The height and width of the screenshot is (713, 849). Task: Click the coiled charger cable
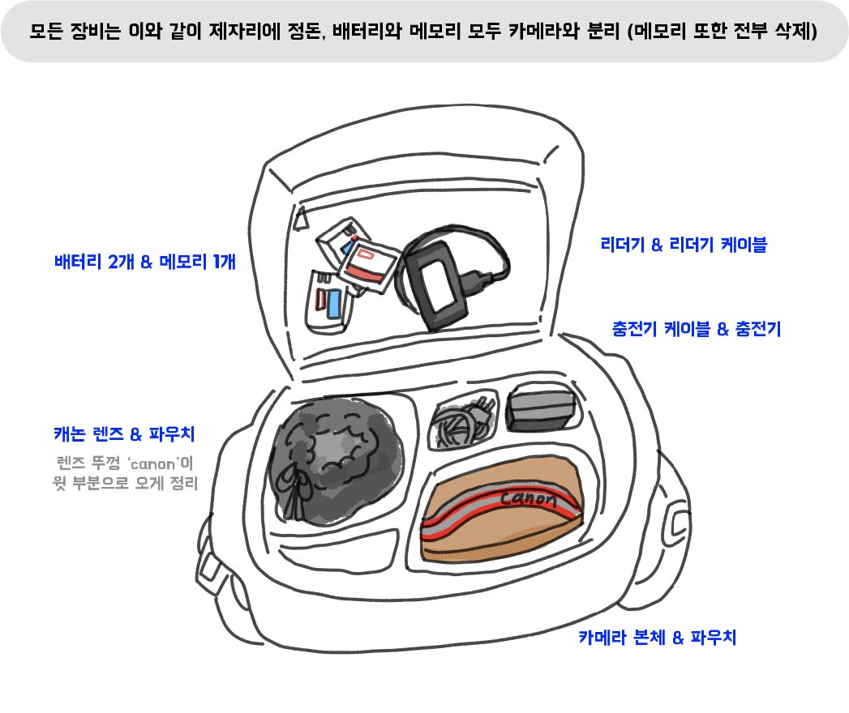pos(460,421)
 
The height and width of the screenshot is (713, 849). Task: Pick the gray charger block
pos(540,409)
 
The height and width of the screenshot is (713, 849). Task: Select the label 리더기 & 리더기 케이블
pos(683,244)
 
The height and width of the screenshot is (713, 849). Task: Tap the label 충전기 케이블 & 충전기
pos(695,329)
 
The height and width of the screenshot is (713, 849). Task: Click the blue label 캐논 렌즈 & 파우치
pos(124,434)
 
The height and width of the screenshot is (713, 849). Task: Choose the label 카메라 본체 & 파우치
pos(657,637)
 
